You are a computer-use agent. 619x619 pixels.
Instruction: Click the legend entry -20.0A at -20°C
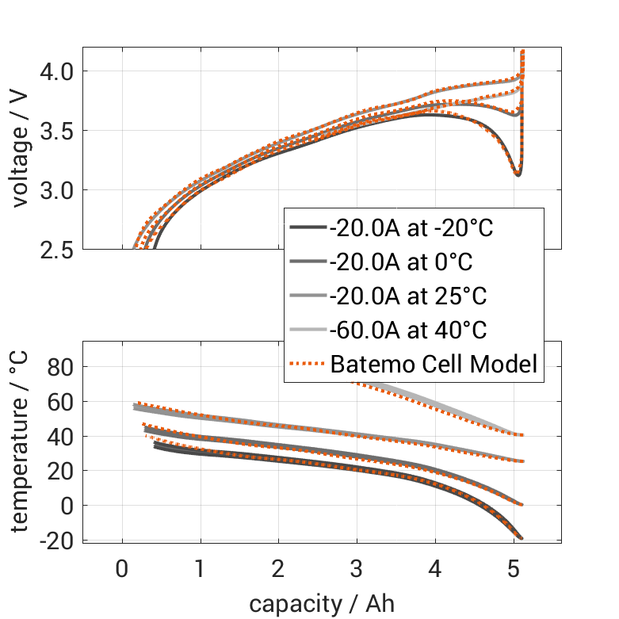click(411, 229)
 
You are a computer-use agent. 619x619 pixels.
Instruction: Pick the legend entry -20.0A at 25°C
click(407, 296)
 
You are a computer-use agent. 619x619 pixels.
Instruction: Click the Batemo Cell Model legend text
click(434, 365)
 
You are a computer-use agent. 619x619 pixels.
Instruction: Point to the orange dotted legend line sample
click(308, 365)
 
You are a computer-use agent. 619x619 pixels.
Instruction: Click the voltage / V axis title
click(21, 150)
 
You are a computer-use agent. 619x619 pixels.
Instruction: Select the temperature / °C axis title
click(21, 443)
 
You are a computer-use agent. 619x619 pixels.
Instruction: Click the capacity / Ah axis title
click(322, 604)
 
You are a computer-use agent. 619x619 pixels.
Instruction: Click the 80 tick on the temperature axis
click(61, 366)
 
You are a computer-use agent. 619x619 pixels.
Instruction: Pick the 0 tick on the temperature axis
click(67, 506)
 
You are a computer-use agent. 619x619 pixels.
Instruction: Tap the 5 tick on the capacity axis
click(511, 569)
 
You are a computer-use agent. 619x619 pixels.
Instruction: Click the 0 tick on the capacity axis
click(122, 569)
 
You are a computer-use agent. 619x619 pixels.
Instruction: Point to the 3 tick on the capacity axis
click(356, 569)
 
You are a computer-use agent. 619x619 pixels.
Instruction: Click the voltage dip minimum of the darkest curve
click(518, 174)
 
